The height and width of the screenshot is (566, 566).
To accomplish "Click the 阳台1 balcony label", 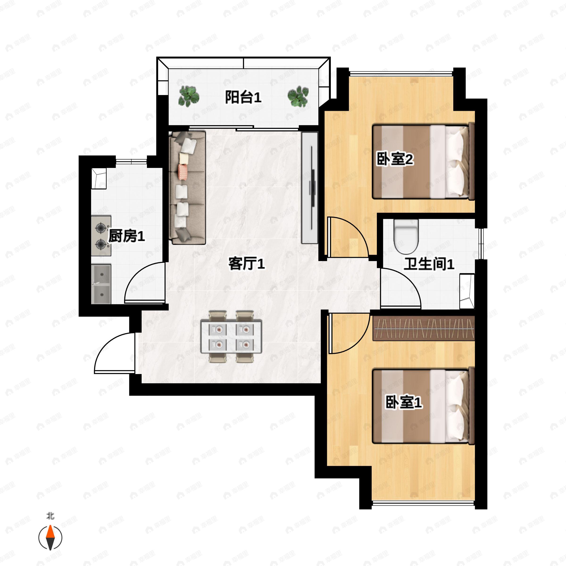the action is pyautogui.click(x=243, y=97).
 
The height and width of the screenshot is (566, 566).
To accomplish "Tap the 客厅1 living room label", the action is pyautogui.click(x=247, y=263).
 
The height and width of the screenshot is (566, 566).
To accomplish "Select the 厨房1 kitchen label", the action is pyautogui.click(x=127, y=236).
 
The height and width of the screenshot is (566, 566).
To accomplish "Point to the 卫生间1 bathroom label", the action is pyautogui.click(x=429, y=264).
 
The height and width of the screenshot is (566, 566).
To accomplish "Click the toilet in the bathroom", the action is pyautogui.click(x=406, y=236).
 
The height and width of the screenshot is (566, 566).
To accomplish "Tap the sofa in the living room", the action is pyautogui.click(x=187, y=188).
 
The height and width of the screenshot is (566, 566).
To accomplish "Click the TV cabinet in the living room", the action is pyautogui.click(x=310, y=187).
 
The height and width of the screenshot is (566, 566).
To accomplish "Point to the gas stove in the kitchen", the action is pyautogui.click(x=101, y=236).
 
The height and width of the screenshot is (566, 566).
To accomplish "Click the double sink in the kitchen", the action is pyautogui.click(x=101, y=284).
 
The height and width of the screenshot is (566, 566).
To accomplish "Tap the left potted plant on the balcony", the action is pyautogui.click(x=189, y=96).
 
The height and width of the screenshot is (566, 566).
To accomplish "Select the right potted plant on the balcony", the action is pyautogui.click(x=298, y=96).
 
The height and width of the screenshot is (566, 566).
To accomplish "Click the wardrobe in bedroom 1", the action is pyautogui.click(x=423, y=329).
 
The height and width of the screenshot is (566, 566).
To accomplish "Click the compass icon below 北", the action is pyautogui.click(x=50, y=538).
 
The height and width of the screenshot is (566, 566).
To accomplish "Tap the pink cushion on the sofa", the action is pyautogui.click(x=183, y=172).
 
